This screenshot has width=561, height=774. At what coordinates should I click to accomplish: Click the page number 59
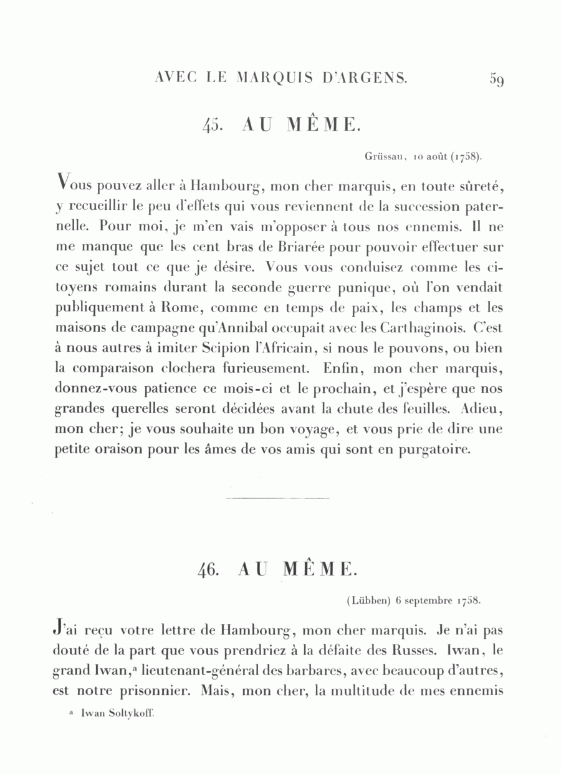coord(497,80)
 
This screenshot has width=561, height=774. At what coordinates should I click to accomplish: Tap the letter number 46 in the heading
coord(208,570)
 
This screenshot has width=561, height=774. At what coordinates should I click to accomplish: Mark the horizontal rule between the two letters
coord(277,498)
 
